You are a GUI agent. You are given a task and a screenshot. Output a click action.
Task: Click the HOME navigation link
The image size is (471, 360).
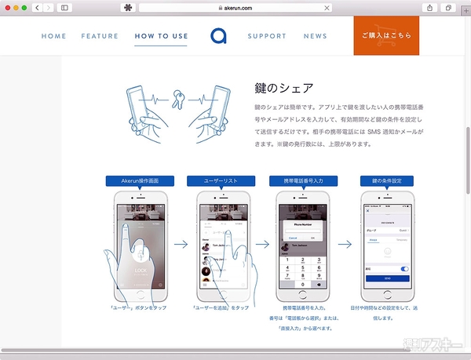click(x=53, y=36)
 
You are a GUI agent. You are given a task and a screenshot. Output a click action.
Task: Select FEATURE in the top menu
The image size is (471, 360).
click(x=100, y=36)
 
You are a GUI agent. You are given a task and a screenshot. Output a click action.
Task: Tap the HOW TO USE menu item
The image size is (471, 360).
click(x=160, y=36)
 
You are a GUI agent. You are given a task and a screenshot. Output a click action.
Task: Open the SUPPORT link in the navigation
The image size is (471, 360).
click(x=267, y=36)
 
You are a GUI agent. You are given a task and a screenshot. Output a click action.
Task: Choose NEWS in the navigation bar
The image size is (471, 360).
click(x=315, y=36)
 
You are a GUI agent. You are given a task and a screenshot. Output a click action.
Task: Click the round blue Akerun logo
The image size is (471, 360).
click(x=217, y=36)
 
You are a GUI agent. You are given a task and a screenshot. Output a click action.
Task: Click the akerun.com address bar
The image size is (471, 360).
click(x=235, y=7)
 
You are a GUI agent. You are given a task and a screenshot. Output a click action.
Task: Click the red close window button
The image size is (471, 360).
click(x=6, y=7)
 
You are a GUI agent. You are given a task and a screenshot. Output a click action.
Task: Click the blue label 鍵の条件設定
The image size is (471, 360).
click(x=387, y=180)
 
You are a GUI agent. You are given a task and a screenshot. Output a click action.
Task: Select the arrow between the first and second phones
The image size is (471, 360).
click(x=180, y=244)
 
